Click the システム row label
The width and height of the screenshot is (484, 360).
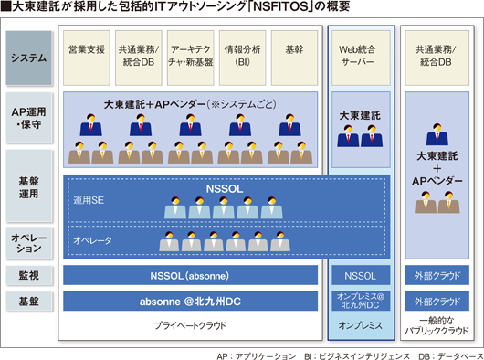tap(28, 58)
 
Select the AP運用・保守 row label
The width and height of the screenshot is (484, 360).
tap(28, 118)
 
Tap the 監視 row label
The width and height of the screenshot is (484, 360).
tap(28, 275)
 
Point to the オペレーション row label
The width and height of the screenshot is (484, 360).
tap(28, 243)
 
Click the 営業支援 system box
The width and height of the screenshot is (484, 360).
tap(87, 58)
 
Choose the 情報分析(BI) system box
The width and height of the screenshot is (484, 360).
tap(242, 58)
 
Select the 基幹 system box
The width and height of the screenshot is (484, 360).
tap(294, 58)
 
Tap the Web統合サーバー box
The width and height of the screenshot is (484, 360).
tap(361, 58)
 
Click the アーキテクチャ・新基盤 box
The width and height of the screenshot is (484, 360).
tap(191, 58)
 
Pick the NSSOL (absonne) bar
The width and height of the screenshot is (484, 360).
tap(190, 275)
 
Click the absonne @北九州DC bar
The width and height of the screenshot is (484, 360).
tap(190, 301)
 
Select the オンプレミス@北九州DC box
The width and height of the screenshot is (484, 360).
tap(361, 301)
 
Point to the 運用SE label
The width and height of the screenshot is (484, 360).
tap(89, 200)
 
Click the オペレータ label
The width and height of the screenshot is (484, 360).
tap(92, 240)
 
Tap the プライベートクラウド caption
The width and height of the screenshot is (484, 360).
tap(190, 325)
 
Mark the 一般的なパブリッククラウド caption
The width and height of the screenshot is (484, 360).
tap(437, 325)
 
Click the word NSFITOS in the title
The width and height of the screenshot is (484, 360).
tap(281, 6)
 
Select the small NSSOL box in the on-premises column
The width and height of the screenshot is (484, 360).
tap(361, 275)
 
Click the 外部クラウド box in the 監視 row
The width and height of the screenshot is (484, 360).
tap(437, 275)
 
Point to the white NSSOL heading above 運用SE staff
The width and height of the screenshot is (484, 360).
tap(225, 188)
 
